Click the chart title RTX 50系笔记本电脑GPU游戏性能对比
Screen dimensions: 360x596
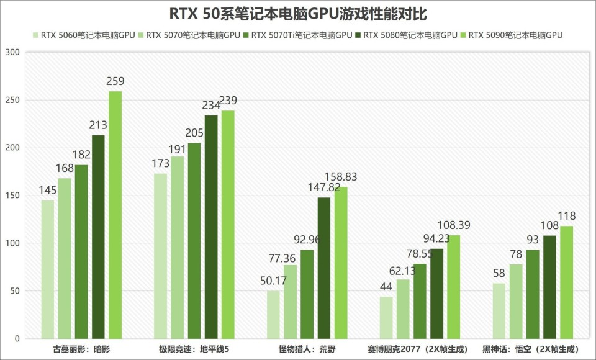(298, 14)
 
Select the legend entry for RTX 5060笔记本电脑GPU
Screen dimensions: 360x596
(84, 35)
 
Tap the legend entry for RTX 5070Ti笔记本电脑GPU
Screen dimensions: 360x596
(298, 35)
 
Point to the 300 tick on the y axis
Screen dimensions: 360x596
(13, 53)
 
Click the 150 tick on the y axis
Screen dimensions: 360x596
(13, 196)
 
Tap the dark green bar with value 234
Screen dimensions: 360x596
(211, 227)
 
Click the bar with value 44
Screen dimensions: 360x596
(386, 317)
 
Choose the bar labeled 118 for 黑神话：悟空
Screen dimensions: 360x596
(566, 282)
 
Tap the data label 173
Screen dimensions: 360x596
(160, 164)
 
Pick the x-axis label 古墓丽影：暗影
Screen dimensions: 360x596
(81, 349)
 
